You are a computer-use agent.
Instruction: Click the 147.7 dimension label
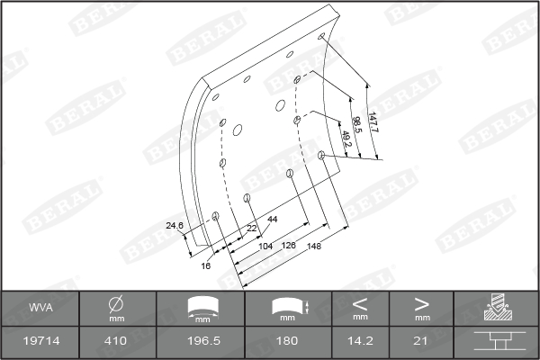(x=373, y=122)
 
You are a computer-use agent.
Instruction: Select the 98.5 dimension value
(x=356, y=125)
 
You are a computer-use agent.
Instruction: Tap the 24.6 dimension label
(x=175, y=226)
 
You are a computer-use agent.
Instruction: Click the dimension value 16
(x=205, y=266)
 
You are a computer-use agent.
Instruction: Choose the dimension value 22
(x=252, y=229)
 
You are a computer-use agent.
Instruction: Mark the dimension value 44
(x=273, y=219)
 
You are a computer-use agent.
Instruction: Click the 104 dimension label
(x=265, y=247)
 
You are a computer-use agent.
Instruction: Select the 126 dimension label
(x=289, y=245)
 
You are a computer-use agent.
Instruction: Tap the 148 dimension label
(x=314, y=246)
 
